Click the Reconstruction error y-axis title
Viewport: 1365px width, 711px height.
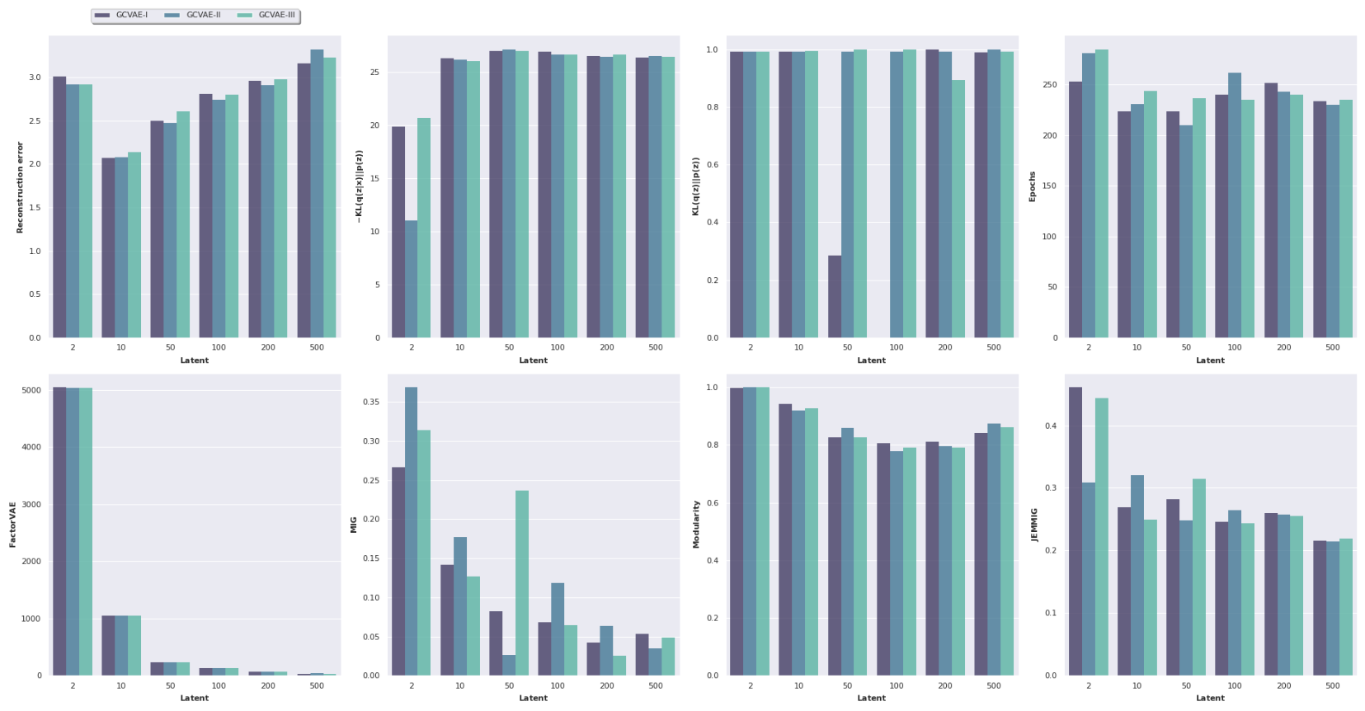click(21, 186)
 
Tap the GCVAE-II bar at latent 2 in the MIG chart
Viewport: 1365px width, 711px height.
click(411, 531)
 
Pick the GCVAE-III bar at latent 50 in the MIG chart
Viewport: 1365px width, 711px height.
click(522, 582)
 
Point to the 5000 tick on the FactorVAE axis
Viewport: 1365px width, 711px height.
click(31, 390)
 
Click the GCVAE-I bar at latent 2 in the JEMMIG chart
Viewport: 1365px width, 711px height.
click(1076, 531)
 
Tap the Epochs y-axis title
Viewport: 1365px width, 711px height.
click(1032, 186)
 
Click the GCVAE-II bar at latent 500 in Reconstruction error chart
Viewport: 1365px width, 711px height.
click(317, 194)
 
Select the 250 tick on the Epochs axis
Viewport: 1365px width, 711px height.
click(1048, 85)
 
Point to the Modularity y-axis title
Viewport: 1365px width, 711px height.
click(696, 525)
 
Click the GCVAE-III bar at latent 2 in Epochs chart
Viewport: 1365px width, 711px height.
click(1102, 194)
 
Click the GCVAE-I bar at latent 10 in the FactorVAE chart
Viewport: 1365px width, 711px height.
click(108, 645)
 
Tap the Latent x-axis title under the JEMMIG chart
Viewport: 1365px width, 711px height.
click(1210, 699)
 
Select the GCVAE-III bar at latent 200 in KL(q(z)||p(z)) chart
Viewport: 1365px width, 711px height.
click(958, 209)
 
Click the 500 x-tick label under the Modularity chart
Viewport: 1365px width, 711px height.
click(994, 686)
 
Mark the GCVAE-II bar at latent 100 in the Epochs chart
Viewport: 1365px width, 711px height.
click(1235, 205)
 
